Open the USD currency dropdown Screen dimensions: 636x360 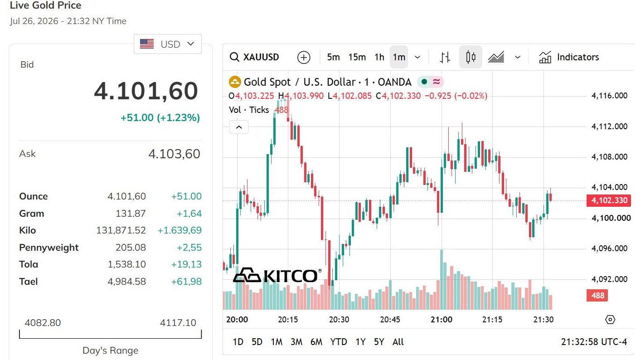pos(168,44)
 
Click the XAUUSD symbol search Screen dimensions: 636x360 pos(254,57)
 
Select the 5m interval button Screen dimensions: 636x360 pos(333,57)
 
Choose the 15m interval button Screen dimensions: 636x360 pos(357,57)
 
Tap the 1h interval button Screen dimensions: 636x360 pos(379,57)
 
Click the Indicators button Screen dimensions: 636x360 pos(569,57)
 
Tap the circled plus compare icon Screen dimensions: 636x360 pos(304,57)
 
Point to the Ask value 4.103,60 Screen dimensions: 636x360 pos(174,154)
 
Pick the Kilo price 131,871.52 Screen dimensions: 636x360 pos(121,230)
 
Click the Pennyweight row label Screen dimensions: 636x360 pos(49,248)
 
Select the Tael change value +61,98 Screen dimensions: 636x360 pos(186,282)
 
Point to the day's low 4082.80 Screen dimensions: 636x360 pos(43,323)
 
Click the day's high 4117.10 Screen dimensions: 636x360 pos(178,323)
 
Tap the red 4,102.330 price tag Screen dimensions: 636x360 pos(609,200)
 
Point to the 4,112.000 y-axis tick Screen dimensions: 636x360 pos(609,126)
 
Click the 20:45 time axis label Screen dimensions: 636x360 pos(390,320)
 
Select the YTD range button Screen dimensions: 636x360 pos(339,342)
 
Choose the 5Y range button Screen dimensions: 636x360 pos(379,342)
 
